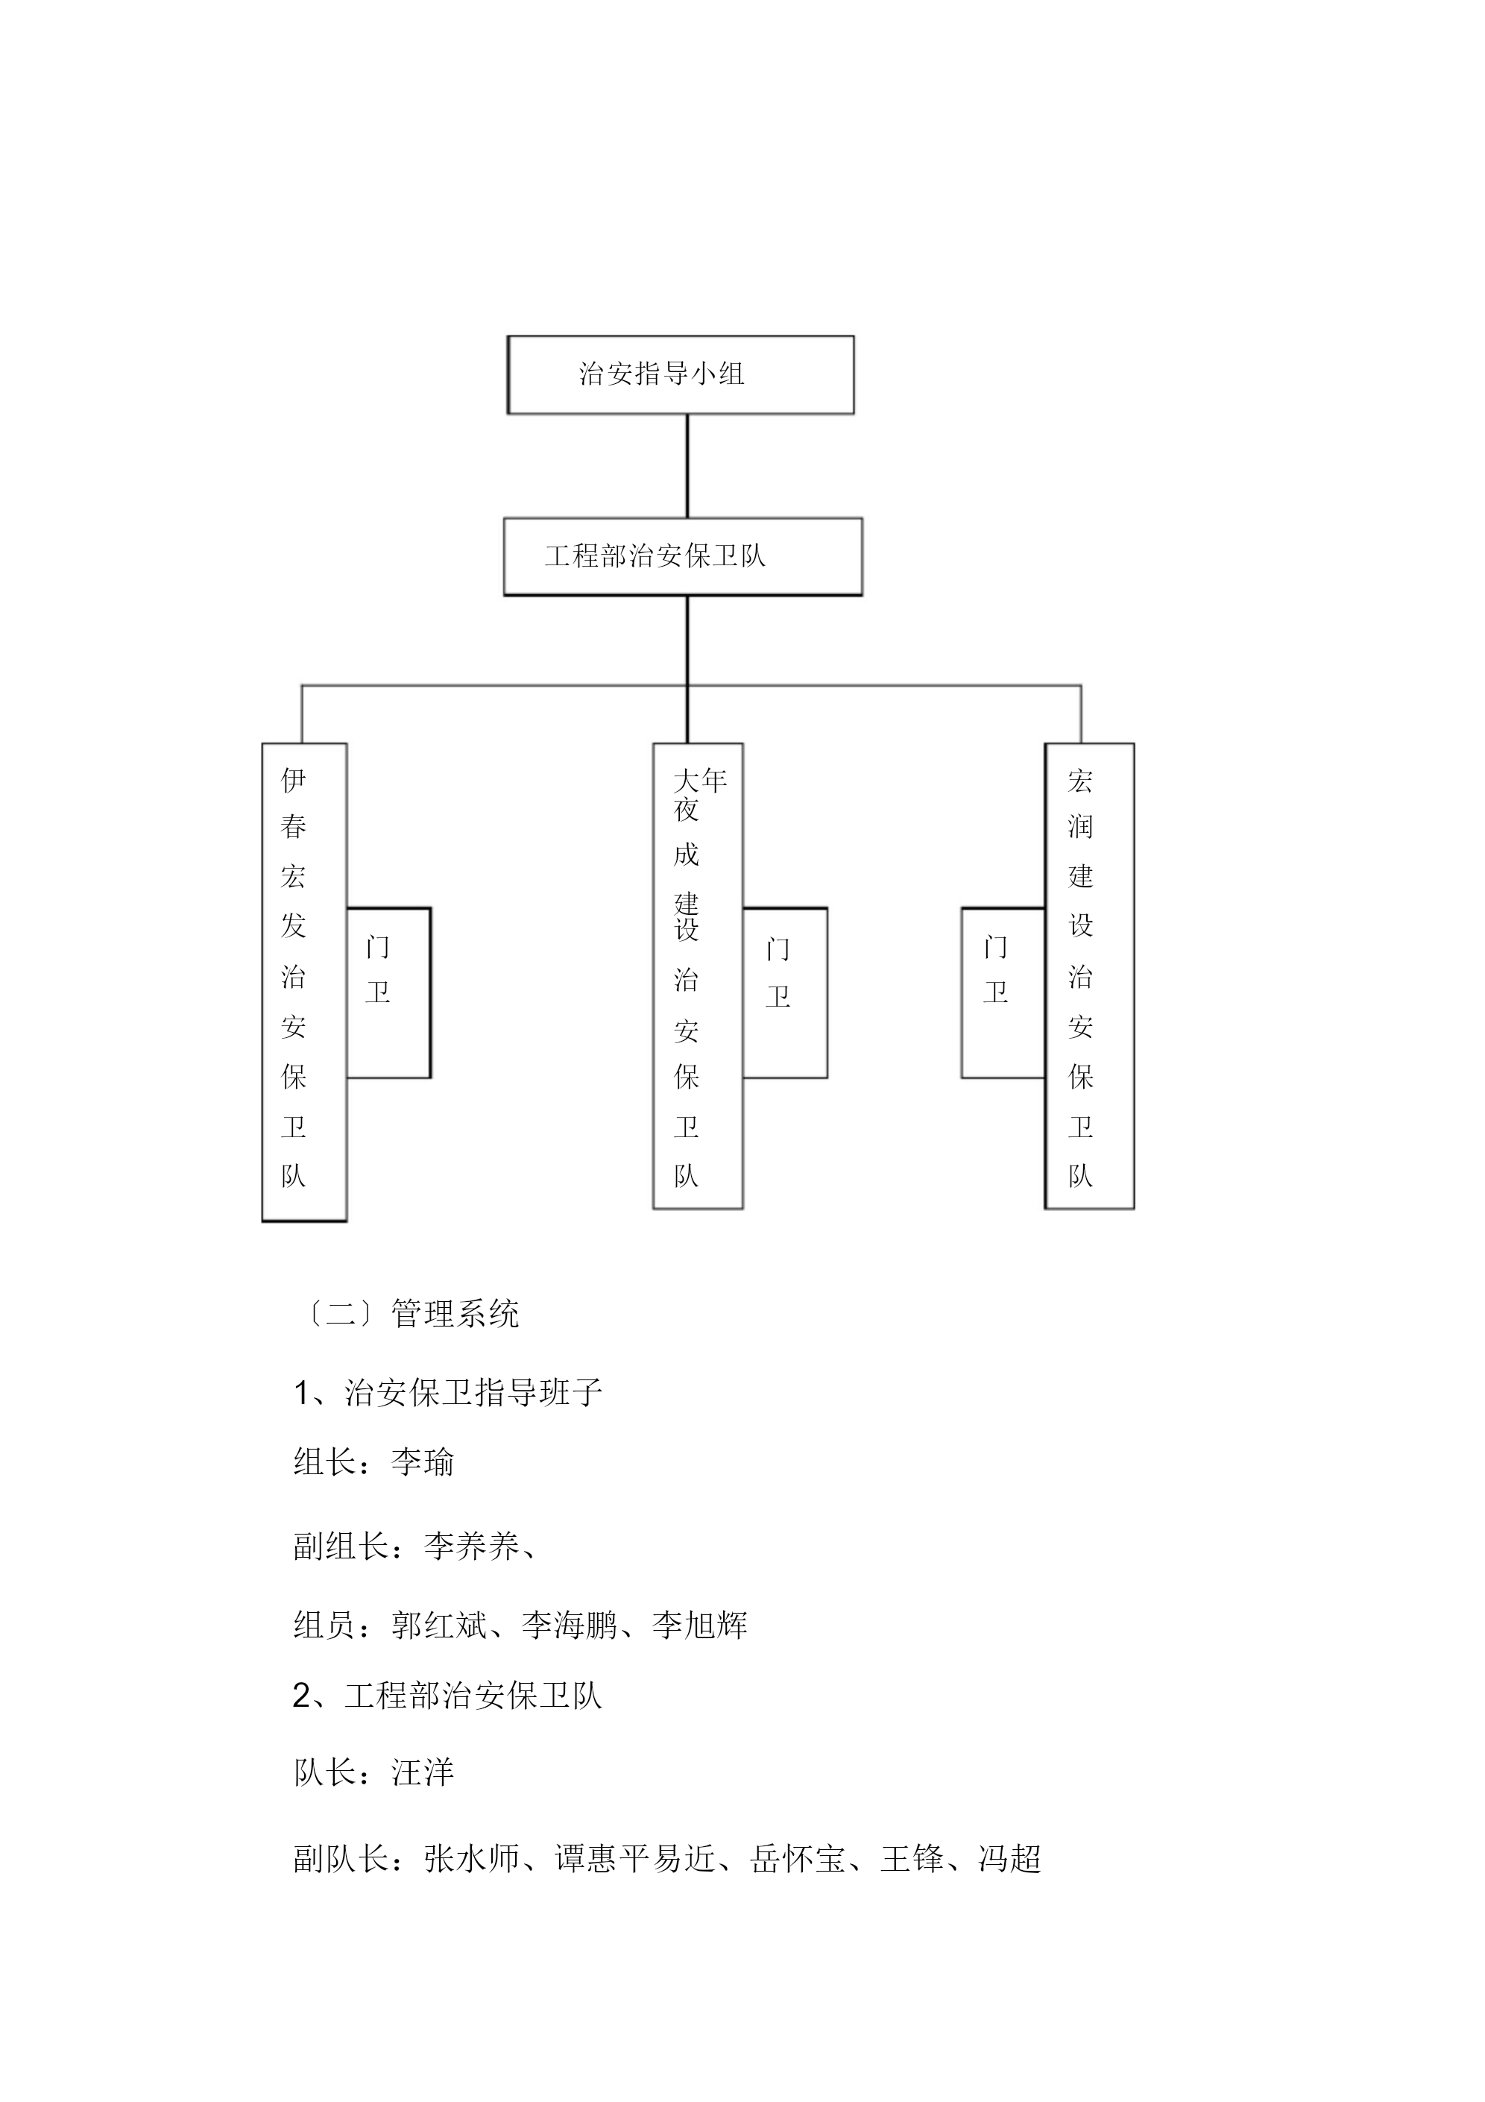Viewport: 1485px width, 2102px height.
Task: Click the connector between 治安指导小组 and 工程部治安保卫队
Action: coord(687,466)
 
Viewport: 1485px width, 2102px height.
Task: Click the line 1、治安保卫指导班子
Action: coord(448,1391)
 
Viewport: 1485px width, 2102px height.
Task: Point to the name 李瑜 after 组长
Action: coord(423,1461)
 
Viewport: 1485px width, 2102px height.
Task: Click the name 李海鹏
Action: coord(570,1625)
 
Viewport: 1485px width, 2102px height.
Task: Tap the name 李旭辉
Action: coord(701,1625)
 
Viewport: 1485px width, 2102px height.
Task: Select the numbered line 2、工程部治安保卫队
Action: coord(448,1696)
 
